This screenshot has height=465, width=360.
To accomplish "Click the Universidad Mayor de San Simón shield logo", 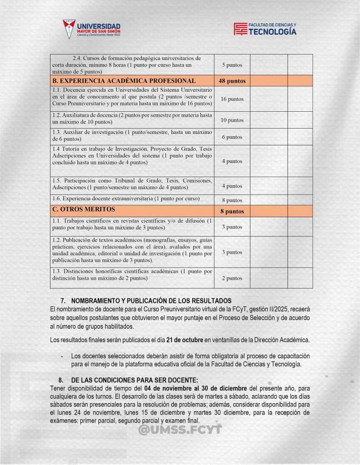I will [x=69, y=29].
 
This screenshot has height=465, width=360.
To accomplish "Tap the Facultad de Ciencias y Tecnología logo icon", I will [x=240, y=29].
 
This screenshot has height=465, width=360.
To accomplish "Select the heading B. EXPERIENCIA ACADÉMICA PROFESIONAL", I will [x=124, y=81].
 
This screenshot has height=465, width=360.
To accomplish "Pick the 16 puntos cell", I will [x=232, y=99].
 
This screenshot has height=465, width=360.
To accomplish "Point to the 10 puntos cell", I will [x=232, y=120].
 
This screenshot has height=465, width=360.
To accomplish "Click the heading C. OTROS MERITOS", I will [x=83, y=210].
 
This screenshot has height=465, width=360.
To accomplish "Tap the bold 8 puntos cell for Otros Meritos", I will [x=232, y=211].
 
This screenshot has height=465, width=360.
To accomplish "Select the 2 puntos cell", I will [x=232, y=278].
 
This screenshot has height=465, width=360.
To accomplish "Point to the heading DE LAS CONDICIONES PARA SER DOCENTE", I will [x=135, y=380].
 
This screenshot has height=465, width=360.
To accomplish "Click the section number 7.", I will [x=63, y=301].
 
